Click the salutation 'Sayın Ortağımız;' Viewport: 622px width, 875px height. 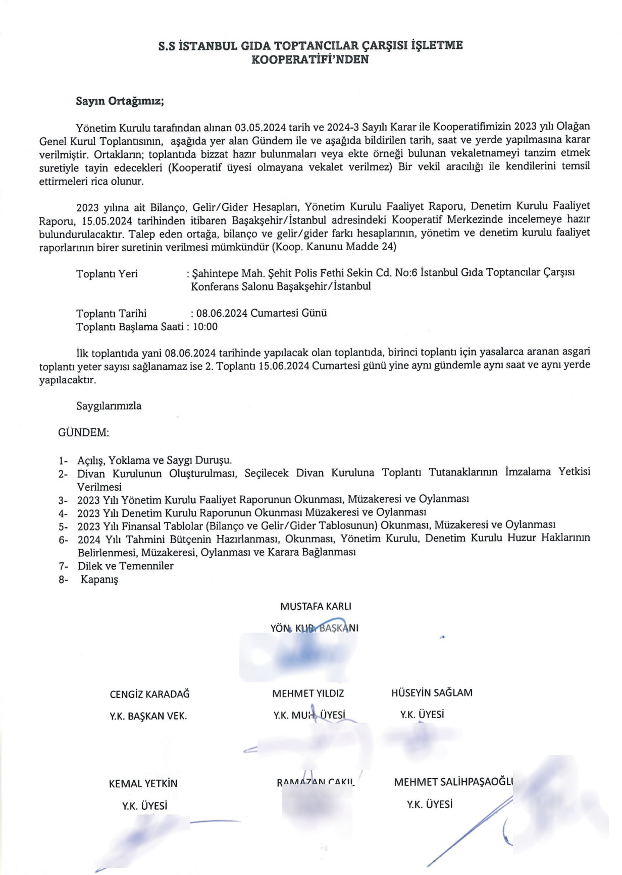[x=120, y=101]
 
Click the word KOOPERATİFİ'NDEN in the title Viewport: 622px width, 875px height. [x=310, y=60]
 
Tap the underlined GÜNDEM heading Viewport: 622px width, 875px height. [x=83, y=432]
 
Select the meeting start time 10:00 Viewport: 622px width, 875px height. [x=205, y=327]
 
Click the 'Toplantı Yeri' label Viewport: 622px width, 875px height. [x=107, y=274]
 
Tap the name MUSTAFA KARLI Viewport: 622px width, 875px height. [x=316, y=606]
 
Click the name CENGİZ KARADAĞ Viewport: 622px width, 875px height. [x=149, y=694]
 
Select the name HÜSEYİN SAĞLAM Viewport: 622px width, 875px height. [x=432, y=692]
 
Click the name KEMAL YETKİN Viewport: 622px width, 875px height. [x=143, y=783]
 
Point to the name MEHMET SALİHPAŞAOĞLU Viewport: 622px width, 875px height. [x=453, y=782]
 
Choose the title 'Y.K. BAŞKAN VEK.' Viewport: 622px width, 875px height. [x=148, y=716]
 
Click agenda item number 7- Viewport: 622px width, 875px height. [x=63, y=566]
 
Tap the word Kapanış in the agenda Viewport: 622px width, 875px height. [x=99, y=579]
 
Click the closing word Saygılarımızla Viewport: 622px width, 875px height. [x=109, y=406]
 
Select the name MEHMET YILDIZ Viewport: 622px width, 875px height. [x=308, y=693]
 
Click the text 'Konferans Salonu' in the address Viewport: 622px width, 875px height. [x=232, y=286]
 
